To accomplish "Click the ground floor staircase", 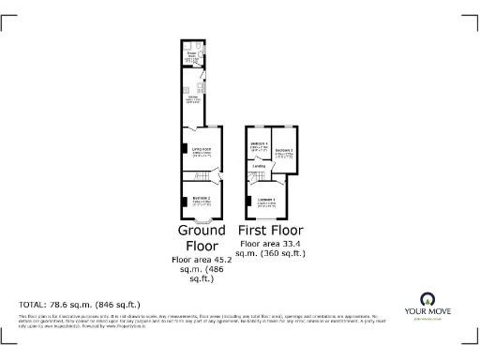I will click(213, 176).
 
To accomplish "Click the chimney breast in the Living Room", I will click(184, 149).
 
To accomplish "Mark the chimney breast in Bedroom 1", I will click(248, 200).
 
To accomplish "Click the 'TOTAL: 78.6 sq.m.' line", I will click(80, 305).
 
